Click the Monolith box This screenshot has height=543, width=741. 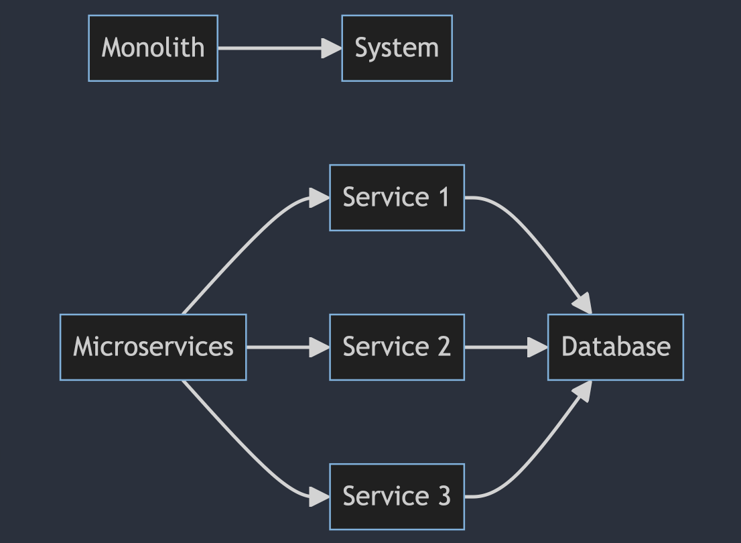coord(153,48)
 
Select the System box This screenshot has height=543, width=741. coord(397,48)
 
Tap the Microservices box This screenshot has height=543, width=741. coord(153,347)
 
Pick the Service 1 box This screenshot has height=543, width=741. coord(397,198)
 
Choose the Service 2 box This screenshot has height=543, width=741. coord(397,347)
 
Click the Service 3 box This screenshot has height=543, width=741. coord(397,497)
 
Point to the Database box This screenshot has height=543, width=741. coord(615,347)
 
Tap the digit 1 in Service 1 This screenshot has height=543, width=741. coord(442,198)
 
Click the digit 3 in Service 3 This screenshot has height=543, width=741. coord(444,497)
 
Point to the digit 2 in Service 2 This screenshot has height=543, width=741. coord(444,347)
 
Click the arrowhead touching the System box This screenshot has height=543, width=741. coord(332,48)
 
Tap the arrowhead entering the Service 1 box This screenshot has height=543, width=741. coord(320,197)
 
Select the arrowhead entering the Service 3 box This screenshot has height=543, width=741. coord(320,497)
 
